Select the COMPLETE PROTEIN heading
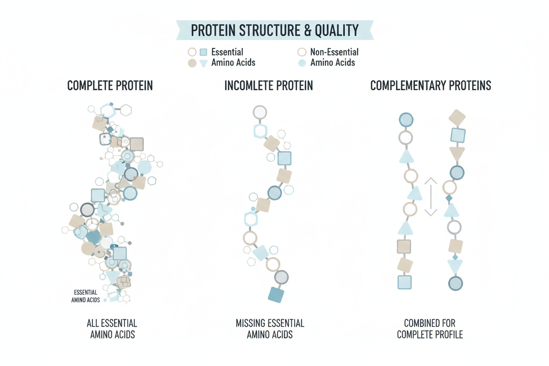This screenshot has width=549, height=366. click(110, 85)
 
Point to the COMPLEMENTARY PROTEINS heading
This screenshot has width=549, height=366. click(431, 85)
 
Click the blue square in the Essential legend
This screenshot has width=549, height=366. click(203, 52)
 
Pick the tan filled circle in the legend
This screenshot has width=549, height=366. click(192, 63)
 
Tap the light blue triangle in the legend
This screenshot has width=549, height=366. click(203, 63)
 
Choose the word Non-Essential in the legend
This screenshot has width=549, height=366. click(334, 52)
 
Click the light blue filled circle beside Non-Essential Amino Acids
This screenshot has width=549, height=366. click(302, 63)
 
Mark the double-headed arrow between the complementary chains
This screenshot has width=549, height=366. click(431, 197)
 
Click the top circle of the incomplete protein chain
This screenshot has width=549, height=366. click(260, 112)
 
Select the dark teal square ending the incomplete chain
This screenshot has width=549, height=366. click(276, 295)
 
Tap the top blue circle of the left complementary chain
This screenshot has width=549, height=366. click(406, 120)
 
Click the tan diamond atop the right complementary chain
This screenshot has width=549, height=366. click(457, 117)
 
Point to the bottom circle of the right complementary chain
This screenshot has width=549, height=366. click(455, 283)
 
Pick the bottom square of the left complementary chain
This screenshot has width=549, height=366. click(404, 282)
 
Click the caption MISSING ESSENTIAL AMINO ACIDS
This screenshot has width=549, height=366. click(270, 329)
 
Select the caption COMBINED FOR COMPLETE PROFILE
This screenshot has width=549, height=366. click(430, 329)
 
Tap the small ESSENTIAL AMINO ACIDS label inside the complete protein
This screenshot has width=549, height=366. click(86, 296)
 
